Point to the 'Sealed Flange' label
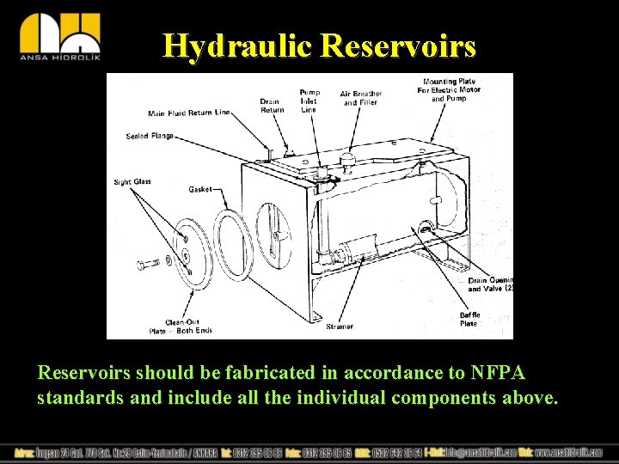click(150, 136)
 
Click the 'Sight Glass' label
click(132, 181)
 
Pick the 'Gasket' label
click(199, 189)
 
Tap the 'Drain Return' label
click(272, 106)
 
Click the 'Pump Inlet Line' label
click(309, 101)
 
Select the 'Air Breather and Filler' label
click(361, 98)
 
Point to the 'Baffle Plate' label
click(469, 320)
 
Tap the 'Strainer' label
click(340, 327)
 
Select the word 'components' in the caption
click(450, 399)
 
